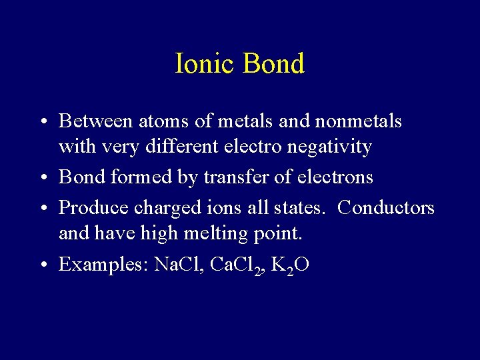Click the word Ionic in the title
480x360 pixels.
[205, 63]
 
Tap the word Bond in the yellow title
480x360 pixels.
[273, 63]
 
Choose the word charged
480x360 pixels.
[163, 208]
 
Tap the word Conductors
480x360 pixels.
[386, 207]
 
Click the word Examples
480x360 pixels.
[103, 265]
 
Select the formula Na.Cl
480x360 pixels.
[178, 264]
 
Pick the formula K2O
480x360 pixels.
[291, 265]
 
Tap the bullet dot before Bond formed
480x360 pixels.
[42, 178]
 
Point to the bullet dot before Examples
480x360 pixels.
[42, 265]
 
